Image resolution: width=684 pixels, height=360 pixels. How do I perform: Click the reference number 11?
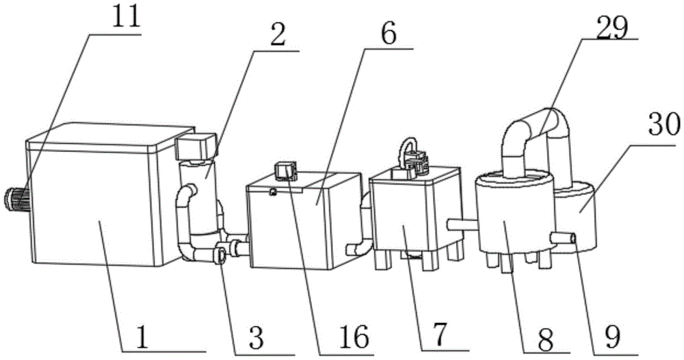point(125,17)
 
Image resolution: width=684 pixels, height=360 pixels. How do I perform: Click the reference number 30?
point(661,125)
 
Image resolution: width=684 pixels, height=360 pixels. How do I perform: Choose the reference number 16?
point(352,336)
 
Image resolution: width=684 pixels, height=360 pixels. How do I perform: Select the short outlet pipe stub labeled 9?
point(564,237)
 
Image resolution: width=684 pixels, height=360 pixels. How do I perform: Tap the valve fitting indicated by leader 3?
point(222,255)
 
